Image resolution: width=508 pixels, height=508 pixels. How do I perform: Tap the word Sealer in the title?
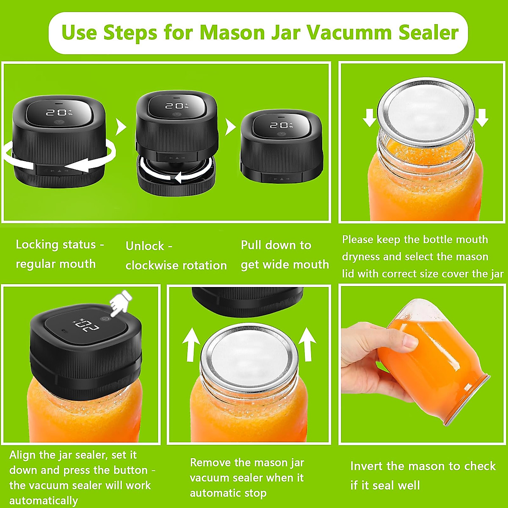click(x=428, y=33)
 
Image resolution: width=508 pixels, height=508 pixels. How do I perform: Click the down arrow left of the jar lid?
click(x=369, y=117)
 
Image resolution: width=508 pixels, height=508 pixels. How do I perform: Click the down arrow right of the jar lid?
click(x=482, y=117)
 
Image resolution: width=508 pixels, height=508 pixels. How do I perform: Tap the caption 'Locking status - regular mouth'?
click(x=59, y=254)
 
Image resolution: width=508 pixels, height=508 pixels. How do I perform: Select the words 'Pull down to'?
click(x=276, y=245)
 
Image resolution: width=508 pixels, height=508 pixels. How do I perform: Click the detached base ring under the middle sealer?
click(x=176, y=180)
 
